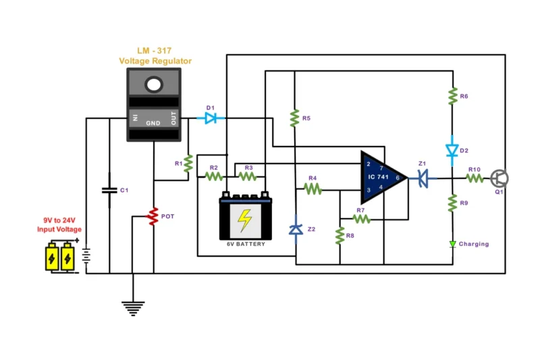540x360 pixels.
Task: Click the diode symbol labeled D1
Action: click(x=211, y=118)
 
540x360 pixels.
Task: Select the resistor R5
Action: click(x=294, y=119)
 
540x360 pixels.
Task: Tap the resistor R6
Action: click(x=452, y=97)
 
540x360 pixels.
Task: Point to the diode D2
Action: click(x=452, y=150)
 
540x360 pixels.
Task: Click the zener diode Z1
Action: click(x=424, y=178)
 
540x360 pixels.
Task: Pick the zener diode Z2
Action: click(x=295, y=229)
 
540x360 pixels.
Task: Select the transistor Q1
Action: click(x=500, y=178)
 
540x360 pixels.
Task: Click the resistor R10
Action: click(x=474, y=178)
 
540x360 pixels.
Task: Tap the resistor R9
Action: click(x=452, y=202)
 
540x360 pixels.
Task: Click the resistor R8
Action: click(x=340, y=236)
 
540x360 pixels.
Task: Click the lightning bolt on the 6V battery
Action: click(x=245, y=220)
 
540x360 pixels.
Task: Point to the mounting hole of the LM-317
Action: click(x=155, y=84)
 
